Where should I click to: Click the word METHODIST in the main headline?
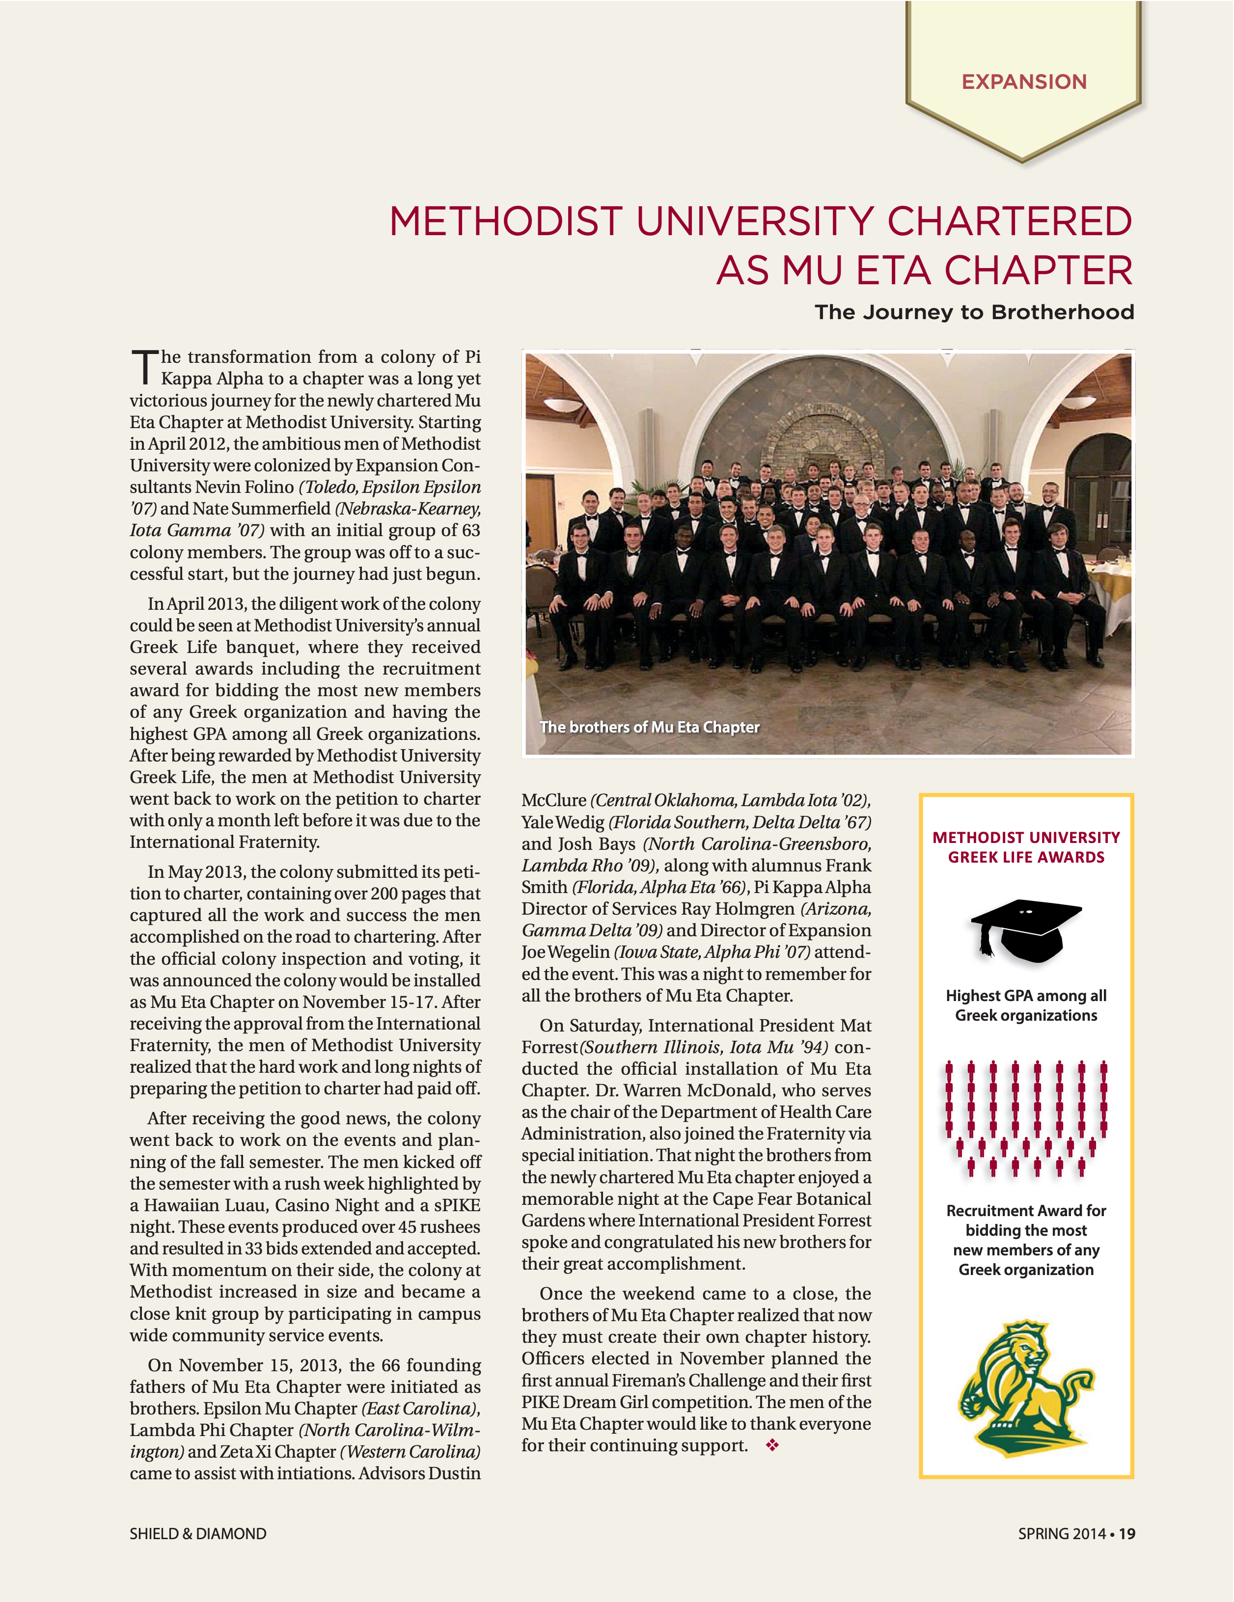pos(506,221)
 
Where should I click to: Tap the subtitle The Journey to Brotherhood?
pos(974,312)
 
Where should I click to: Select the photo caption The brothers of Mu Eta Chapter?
pos(649,727)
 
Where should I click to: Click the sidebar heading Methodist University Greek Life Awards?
pos(1026,847)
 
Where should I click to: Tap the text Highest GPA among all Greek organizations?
pos(1026,1005)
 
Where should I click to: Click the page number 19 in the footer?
pos(1127,1534)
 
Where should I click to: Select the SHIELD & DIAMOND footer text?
pos(198,1534)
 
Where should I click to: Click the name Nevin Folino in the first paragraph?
pos(245,487)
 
